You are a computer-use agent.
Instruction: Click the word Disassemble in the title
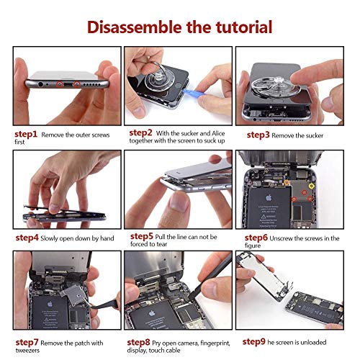tap(135, 27)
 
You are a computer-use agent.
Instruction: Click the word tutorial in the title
tap(244, 27)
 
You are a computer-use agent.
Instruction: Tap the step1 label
tap(26, 135)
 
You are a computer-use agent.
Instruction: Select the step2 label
tap(140, 133)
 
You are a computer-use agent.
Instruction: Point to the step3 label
tap(258, 135)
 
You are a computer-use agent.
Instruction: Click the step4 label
tap(27, 238)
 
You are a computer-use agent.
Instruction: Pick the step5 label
tap(142, 236)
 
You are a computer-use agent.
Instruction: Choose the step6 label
tap(256, 238)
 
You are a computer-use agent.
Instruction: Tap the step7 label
tap(27, 342)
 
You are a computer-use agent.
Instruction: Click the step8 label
tap(138, 342)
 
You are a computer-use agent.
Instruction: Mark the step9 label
tap(254, 342)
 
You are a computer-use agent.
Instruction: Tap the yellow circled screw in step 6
tap(311, 186)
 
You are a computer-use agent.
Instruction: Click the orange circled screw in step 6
tap(287, 183)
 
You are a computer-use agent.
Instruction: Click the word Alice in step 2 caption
tap(218, 133)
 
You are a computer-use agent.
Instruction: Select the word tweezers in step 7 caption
tap(27, 351)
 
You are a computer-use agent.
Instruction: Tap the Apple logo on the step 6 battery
tap(269, 198)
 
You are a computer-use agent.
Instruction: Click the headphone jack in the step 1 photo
tap(40, 84)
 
